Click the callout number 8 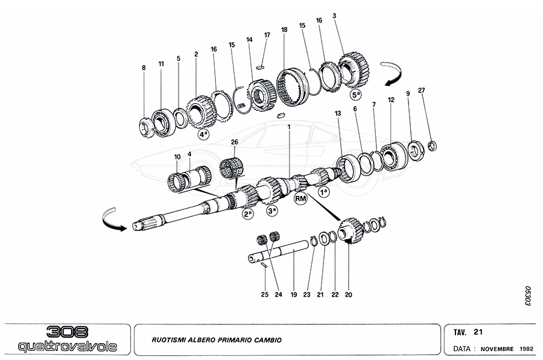coord(144,68)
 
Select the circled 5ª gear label coord(357,95)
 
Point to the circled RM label coord(300,197)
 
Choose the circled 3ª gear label coord(273,210)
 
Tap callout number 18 coord(284,30)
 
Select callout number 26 coord(235,141)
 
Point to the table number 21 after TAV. coord(478,332)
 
